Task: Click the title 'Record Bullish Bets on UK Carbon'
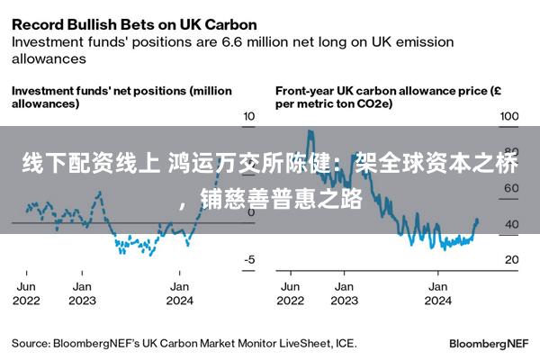click(133, 23)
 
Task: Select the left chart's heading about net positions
click(121, 96)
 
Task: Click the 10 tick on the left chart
click(250, 117)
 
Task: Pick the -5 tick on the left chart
click(250, 259)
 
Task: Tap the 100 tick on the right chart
click(509, 117)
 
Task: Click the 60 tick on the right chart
click(510, 188)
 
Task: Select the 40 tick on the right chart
click(510, 224)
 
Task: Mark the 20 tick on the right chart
click(510, 259)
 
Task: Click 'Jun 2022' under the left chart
click(27, 293)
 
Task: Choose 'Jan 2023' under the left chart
click(82, 293)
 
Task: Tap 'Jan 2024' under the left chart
click(181, 293)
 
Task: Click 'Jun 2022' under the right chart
click(291, 293)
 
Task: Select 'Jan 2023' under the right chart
click(343, 293)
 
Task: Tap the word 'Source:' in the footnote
click(31, 343)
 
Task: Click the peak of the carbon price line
click(309, 131)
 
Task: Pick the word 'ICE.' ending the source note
click(345, 343)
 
